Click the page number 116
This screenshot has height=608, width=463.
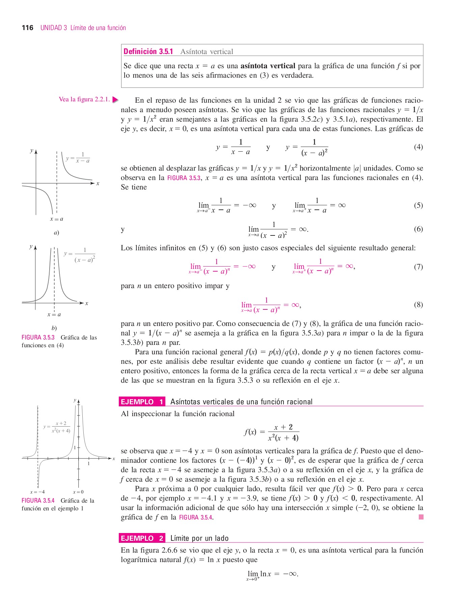pos(27,28)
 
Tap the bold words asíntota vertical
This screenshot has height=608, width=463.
pos(268,66)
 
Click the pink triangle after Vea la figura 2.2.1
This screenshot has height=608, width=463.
pos(115,100)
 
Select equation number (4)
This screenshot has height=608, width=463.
pos(418,147)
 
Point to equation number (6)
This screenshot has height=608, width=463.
pos(418,229)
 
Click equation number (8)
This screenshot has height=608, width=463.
pos(418,305)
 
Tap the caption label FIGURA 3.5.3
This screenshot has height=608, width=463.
pos(38,337)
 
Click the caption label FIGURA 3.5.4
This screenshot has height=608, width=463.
pos(38,501)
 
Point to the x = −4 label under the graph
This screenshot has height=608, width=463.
pos(37,492)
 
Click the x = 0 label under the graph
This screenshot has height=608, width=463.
pos(78,492)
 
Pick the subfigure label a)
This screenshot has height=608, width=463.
pos(56,233)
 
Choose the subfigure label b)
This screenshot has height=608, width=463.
pos(54,328)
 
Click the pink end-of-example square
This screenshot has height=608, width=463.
pos(421,517)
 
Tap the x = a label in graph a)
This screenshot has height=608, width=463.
pos(56,219)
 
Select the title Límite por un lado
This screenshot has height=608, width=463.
pos(199,538)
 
